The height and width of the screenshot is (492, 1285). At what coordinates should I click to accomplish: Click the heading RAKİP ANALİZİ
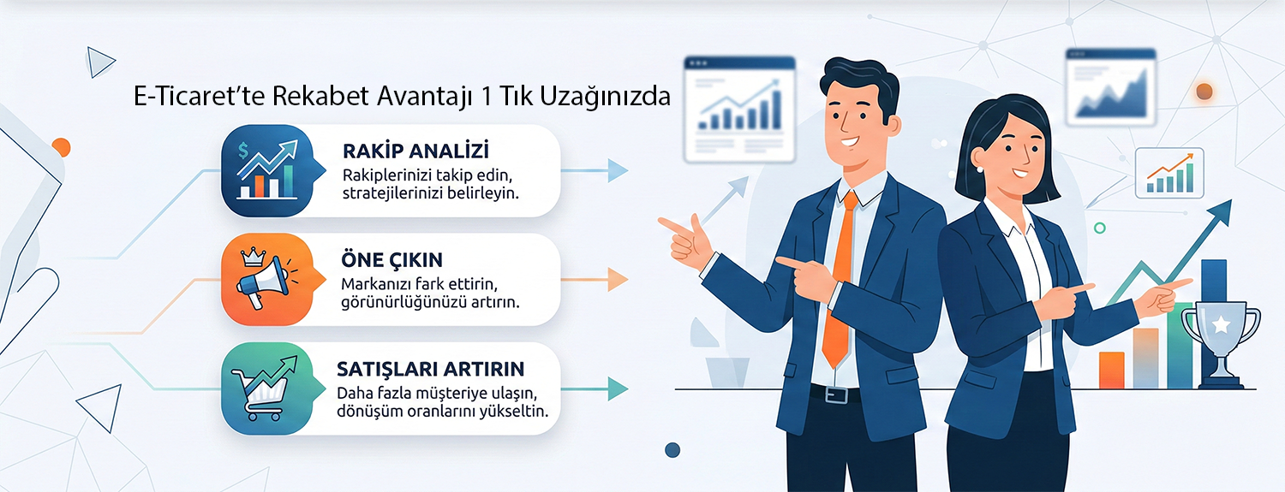[x=415, y=151]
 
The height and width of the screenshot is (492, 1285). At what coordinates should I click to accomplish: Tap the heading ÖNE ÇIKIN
[x=391, y=260]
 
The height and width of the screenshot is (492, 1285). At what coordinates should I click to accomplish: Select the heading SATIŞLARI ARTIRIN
[x=430, y=369]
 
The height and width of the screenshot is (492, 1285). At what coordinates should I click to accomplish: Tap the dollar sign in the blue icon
[x=243, y=151]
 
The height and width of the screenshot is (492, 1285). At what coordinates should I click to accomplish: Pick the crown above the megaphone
[x=252, y=257]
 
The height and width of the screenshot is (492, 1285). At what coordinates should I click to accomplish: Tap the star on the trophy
[x=1221, y=325]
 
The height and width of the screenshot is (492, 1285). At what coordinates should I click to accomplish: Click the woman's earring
[x=979, y=169]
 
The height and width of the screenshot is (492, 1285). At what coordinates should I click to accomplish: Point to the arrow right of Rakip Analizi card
[x=595, y=170]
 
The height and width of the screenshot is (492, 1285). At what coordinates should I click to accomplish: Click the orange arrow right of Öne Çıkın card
[x=595, y=280]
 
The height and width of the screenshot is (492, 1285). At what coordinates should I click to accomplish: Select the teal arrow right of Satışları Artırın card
[x=595, y=389]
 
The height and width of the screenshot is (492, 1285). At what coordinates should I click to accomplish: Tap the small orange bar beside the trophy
[x=1111, y=370]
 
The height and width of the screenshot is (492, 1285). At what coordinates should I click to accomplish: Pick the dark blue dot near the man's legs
[x=672, y=450]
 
